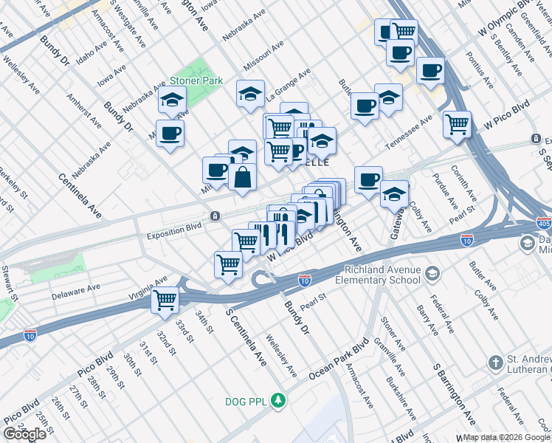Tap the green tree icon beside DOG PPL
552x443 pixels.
pyautogui.click(x=278, y=401)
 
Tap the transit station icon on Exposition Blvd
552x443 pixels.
pyautogui.click(x=214, y=216)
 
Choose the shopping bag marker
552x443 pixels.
pyautogui.click(x=242, y=177)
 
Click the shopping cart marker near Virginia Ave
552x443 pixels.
pyautogui.click(x=165, y=299)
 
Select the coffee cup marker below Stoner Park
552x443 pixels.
pyautogui.click(x=170, y=134)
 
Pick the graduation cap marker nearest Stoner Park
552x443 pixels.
pyautogui.click(x=172, y=100)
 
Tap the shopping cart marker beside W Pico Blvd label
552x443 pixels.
pyautogui.click(x=458, y=123)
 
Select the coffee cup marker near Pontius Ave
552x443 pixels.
pyautogui.click(x=429, y=71)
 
